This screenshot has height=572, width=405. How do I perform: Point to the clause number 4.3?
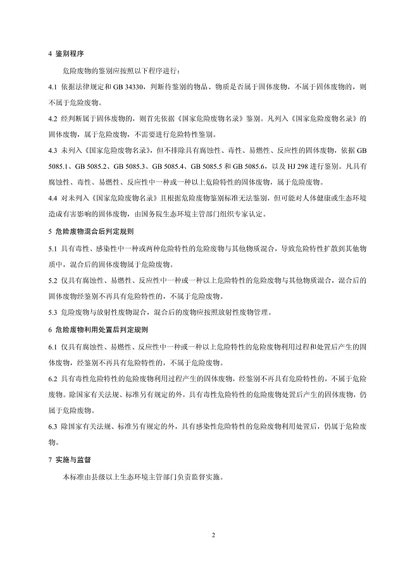pos(53,151)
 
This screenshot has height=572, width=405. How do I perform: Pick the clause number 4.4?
pos(53,198)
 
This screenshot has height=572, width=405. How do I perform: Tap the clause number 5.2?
pos(53,280)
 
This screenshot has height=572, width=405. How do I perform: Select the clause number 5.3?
pos(53,312)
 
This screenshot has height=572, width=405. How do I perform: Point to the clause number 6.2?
pos(53,378)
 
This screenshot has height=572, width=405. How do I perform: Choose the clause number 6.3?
pos(53,427)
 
